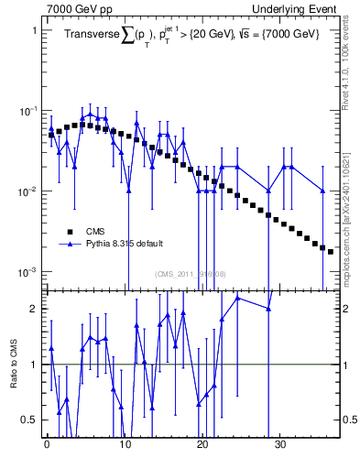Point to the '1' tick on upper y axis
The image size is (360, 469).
click(x=34, y=30)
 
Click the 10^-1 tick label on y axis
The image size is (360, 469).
click(x=27, y=111)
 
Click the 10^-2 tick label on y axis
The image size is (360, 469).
click(x=27, y=191)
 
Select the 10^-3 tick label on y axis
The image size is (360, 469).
click(x=27, y=272)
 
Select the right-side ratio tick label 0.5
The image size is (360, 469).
click(x=350, y=420)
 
